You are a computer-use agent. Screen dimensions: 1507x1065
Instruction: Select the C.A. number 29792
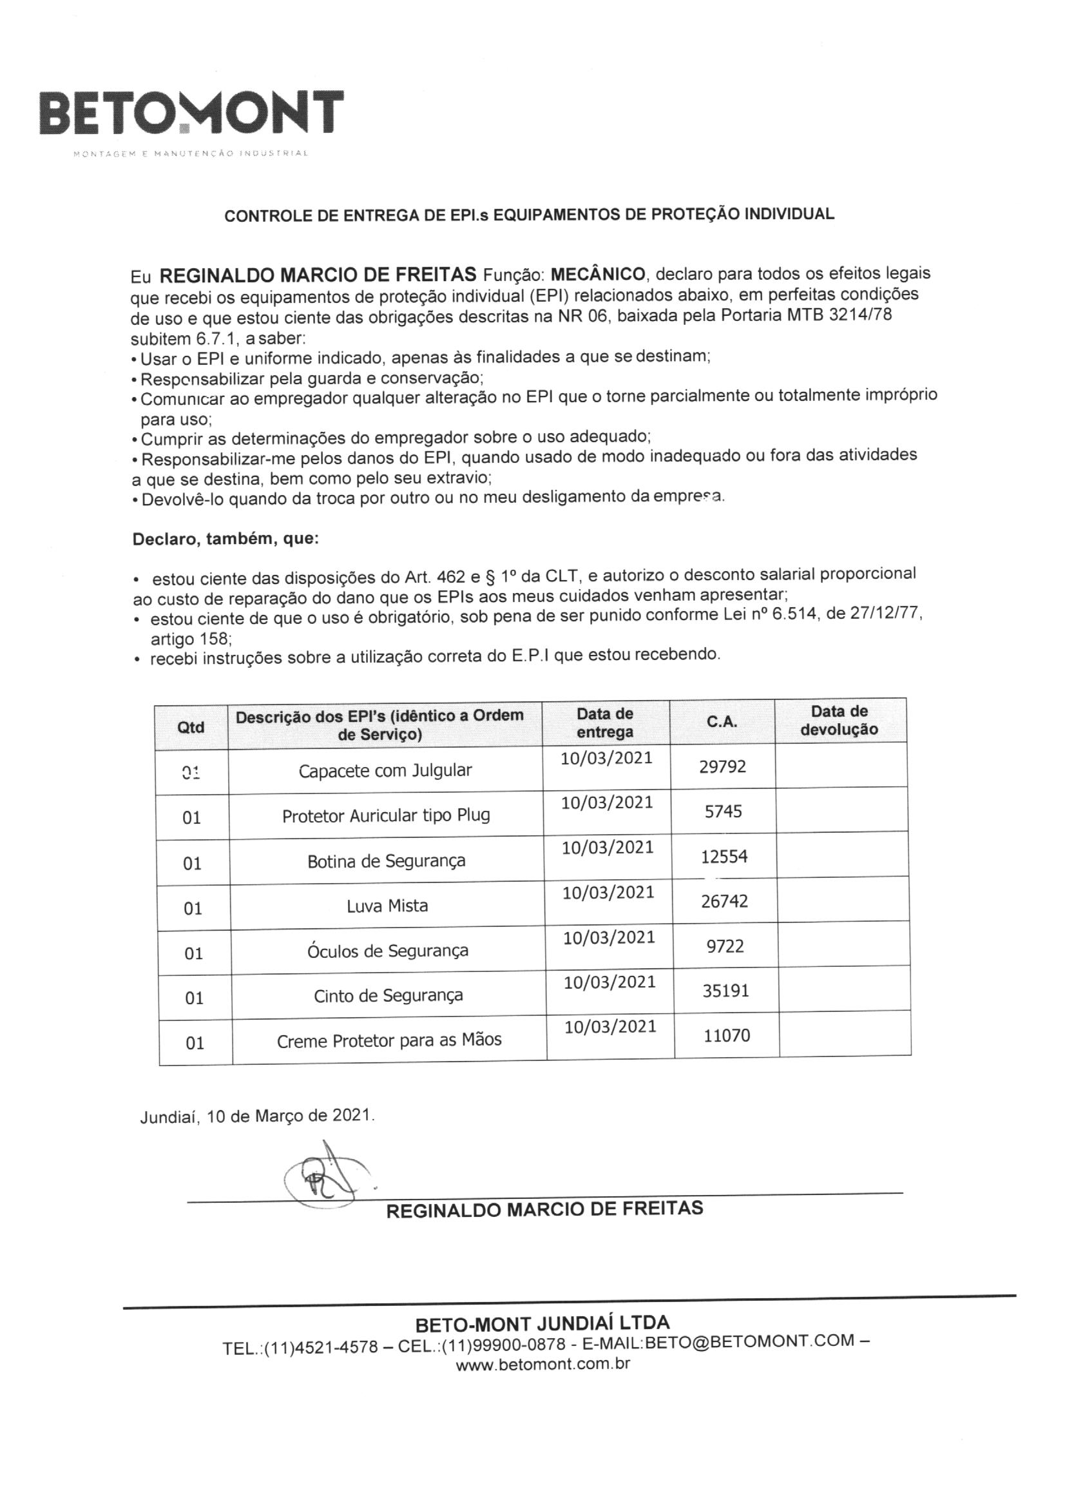722,766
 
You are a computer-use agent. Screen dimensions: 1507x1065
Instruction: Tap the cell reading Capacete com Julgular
385,770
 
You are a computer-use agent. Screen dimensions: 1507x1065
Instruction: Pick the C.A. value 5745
723,812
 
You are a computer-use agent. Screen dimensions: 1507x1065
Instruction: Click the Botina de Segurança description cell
387,861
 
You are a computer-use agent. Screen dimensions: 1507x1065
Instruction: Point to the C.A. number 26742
724,901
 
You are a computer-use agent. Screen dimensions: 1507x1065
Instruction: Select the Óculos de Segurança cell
388,951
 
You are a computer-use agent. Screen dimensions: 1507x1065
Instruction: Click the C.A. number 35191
725,991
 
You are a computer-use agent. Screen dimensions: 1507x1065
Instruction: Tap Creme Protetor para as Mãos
389,1040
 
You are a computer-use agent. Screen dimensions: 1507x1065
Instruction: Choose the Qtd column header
191,727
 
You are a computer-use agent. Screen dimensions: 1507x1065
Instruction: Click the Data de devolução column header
840,720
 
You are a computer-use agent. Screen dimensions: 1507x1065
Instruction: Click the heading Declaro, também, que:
225,540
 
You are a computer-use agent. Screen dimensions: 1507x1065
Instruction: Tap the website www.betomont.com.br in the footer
542,1364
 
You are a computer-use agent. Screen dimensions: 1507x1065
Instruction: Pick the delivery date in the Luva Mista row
608,893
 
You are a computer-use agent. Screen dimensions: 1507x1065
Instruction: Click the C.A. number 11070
726,1036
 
